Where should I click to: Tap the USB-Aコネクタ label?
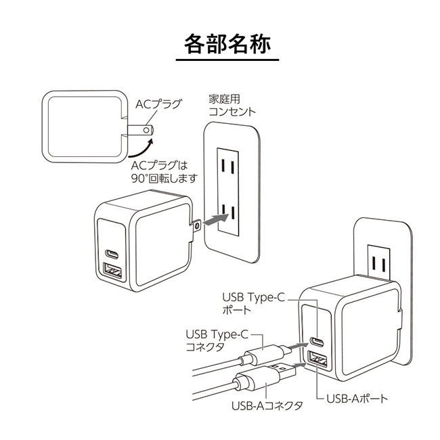click(267, 405)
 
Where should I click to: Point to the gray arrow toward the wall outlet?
click(215, 219)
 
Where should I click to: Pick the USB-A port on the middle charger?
click(112, 273)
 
